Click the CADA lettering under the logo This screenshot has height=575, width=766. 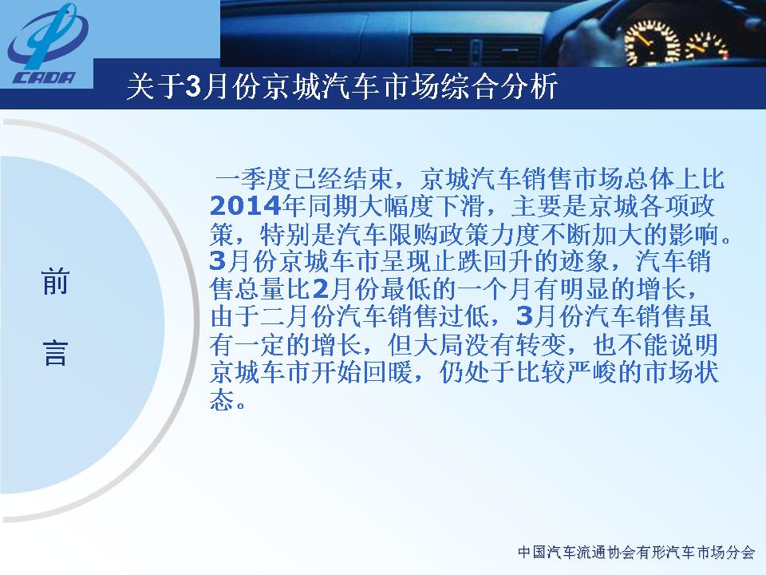[44, 78]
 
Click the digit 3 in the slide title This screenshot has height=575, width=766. [192, 87]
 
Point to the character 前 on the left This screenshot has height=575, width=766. [55, 283]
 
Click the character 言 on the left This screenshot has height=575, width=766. [55, 354]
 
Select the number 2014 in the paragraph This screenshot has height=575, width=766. [245, 206]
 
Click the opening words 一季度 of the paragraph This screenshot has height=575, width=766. [253, 179]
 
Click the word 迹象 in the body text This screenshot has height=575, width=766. [584, 262]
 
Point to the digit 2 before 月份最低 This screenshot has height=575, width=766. [321, 289]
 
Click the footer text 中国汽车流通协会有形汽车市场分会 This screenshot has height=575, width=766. [637, 553]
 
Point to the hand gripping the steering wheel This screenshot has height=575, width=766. [586, 39]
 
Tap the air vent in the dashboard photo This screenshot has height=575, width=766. [476, 51]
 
